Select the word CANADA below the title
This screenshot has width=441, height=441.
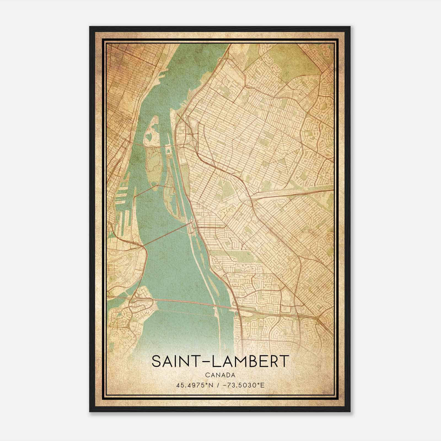pyautogui.click(x=220, y=375)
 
